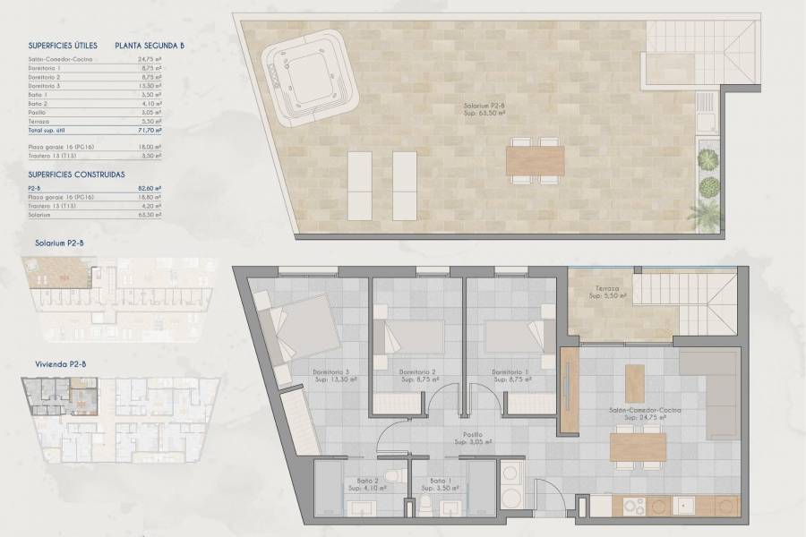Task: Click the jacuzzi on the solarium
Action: [304, 75]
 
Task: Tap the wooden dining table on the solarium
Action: [536, 161]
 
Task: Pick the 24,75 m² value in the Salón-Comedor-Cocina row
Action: [151, 59]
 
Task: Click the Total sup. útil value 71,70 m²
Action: [151, 130]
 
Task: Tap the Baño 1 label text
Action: [440, 481]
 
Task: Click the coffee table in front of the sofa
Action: [634, 382]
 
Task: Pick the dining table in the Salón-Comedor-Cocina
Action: [638, 446]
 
